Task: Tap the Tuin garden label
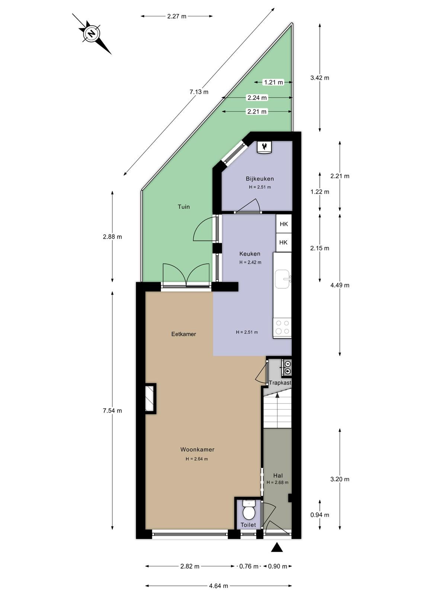(x=184, y=207)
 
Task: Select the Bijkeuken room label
(x=259, y=179)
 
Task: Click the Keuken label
(x=250, y=254)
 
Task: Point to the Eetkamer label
(x=184, y=334)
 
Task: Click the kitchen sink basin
(x=282, y=279)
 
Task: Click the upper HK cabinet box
(x=284, y=224)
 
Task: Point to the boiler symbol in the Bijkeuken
(x=265, y=147)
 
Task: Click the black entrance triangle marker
(x=277, y=547)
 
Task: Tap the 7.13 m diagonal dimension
(x=199, y=92)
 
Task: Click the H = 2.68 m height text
(x=278, y=482)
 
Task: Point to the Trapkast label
(x=280, y=383)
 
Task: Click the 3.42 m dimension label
(x=320, y=78)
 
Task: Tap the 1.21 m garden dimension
(x=273, y=82)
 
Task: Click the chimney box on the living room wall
(x=150, y=399)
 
